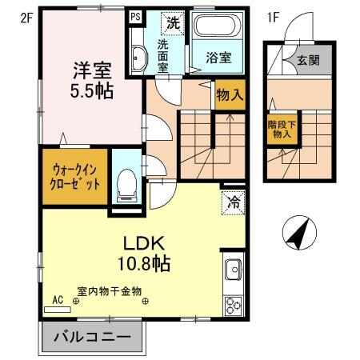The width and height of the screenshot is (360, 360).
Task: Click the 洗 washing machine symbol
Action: tap(173, 22)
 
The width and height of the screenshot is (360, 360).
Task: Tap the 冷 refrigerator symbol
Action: tap(232, 203)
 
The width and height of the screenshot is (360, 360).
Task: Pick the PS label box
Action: tap(134, 16)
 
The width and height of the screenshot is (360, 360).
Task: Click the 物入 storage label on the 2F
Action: tap(230, 95)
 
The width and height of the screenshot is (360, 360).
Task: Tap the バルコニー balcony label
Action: tap(92, 337)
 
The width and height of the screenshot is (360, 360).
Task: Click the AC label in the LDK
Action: tap(58, 300)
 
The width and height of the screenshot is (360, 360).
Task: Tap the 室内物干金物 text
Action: tap(109, 291)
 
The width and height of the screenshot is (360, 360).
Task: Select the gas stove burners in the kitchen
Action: tap(234, 305)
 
